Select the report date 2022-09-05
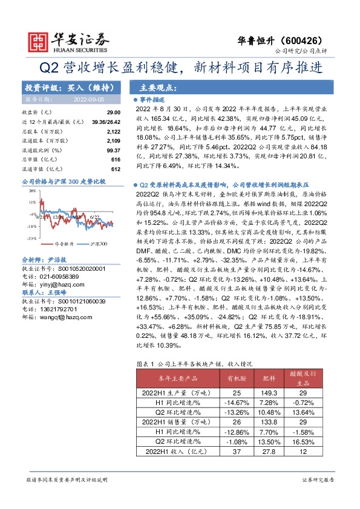88,99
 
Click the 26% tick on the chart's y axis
30,189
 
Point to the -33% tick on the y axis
30,239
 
